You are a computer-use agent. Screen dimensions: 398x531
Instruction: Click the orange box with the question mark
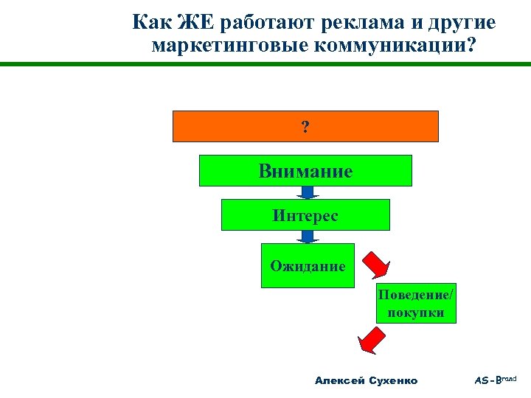tap(305, 126)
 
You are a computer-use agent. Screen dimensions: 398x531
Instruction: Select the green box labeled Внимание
tap(305, 170)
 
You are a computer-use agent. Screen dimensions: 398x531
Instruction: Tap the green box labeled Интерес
tap(305, 215)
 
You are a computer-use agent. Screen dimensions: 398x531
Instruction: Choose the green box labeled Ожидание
tap(308, 265)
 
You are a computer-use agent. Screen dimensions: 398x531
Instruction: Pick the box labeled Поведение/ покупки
tap(416, 303)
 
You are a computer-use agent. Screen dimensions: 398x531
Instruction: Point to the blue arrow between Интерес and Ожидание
tap(307, 237)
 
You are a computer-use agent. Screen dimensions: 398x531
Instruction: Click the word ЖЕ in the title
tap(195, 23)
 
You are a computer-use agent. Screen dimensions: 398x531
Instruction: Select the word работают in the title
tap(268, 23)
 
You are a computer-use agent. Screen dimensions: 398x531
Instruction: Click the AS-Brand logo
tap(495, 380)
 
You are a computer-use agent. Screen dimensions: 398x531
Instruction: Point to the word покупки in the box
tap(416, 313)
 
